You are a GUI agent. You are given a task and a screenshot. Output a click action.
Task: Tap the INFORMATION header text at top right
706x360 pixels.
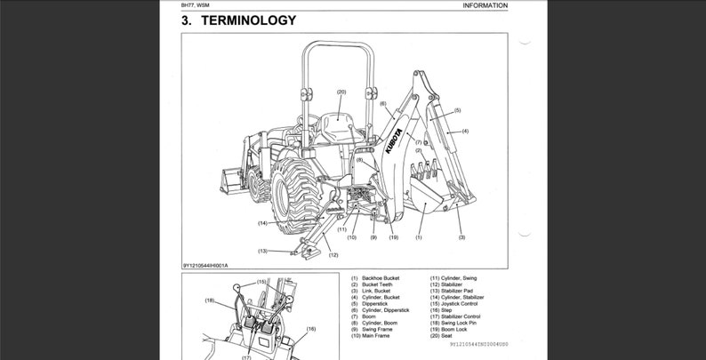(x=485, y=5)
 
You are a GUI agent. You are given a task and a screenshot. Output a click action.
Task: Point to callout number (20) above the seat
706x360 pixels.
(x=341, y=92)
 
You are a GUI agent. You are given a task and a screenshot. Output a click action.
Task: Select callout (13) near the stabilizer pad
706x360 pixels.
(x=263, y=251)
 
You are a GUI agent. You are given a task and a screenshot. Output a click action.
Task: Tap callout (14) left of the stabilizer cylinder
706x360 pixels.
(x=263, y=222)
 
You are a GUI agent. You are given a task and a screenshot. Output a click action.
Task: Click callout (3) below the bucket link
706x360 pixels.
(x=461, y=237)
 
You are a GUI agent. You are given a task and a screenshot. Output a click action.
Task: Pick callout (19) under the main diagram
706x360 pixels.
(x=393, y=237)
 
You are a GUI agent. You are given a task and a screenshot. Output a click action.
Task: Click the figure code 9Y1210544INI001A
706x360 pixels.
(x=212, y=264)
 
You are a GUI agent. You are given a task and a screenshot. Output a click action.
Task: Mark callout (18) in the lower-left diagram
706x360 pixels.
(x=210, y=301)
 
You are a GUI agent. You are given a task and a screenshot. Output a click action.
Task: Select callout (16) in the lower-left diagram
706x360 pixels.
(x=310, y=328)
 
